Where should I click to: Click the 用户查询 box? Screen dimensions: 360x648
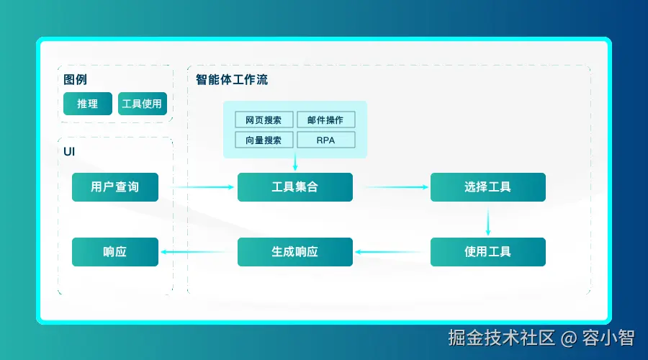(115, 187)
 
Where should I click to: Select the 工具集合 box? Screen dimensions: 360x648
(295, 187)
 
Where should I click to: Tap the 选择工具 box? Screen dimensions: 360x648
(487, 187)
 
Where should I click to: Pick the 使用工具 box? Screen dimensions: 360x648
(487, 252)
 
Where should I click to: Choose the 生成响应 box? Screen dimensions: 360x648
(295, 252)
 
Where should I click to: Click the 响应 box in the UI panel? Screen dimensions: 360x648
(115, 252)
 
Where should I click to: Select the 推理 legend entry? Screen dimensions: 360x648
(88, 104)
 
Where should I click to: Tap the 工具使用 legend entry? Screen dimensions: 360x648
(143, 104)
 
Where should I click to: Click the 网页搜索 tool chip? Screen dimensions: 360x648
(264, 120)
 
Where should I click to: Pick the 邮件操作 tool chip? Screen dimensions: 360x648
(325, 120)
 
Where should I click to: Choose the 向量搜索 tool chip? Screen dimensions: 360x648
(264, 140)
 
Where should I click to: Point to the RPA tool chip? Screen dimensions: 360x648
(325, 140)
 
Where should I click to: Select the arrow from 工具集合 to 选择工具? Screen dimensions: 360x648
(396, 187)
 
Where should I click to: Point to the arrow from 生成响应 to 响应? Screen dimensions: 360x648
(199, 252)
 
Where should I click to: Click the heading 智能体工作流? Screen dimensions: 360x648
(232, 80)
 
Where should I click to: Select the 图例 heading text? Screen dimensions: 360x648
(75, 80)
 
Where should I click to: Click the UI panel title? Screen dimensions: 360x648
(69, 151)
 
